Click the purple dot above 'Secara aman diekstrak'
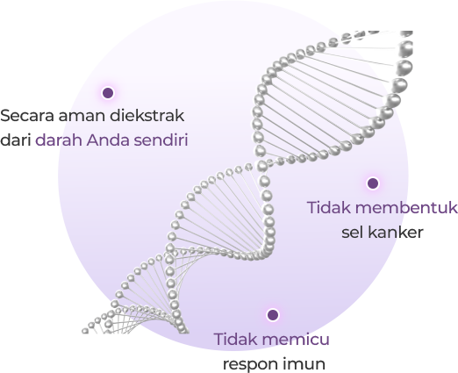point(108,93)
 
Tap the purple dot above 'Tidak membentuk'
point(373,183)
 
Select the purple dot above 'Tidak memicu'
point(273,315)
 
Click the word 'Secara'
point(27,116)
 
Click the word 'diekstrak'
point(147,115)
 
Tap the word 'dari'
point(16,140)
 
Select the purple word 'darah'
point(59,140)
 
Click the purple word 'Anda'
point(108,140)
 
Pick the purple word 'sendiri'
point(161,140)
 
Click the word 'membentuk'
point(407,207)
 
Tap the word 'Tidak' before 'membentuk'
point(329,207)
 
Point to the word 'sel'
point(352,233)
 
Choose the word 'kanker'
point(395,233)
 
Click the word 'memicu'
point(296,339)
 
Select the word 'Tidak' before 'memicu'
point(236,339)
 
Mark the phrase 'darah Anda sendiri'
point(111,140)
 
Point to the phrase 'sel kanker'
point(383,233)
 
